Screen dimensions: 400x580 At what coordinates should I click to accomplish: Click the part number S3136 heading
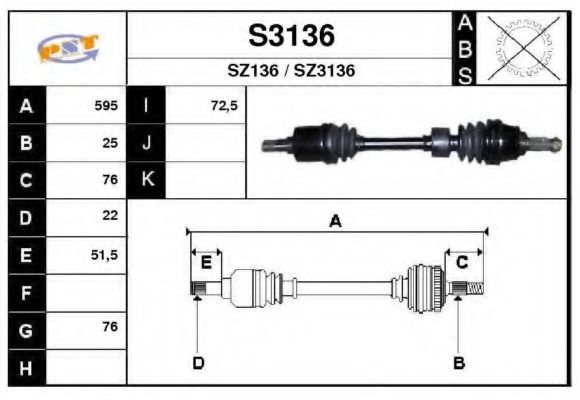click(291, 36)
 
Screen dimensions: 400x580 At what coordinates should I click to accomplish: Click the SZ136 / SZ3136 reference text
click(291, 71)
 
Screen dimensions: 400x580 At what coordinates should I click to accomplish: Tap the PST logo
click(68, 49)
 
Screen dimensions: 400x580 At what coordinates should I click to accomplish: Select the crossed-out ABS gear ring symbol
click(518, 48)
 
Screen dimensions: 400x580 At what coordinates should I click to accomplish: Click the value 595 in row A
click(106, 105)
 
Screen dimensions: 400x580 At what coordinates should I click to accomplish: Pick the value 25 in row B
click(111, 143)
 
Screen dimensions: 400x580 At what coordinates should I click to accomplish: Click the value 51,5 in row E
click(105, 255)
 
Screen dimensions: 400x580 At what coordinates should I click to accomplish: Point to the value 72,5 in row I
click(224, 105)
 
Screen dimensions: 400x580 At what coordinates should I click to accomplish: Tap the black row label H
click(26, 368)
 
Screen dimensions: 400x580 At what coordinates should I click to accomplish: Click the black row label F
click(26, 293)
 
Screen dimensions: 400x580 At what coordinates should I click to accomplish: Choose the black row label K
click(147, 180)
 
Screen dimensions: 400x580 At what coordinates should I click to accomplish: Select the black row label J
click(147, 143)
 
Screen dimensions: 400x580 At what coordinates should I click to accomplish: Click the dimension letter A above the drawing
click(335, 222)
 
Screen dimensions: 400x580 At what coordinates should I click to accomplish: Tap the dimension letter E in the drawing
click(205, 263)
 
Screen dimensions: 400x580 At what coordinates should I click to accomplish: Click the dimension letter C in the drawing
click(462, 263)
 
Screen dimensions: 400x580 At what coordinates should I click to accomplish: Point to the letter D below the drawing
click(198, 363)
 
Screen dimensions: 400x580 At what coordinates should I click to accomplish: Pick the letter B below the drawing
click(459, 363)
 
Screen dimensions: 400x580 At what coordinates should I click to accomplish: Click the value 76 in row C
click(110, 180)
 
